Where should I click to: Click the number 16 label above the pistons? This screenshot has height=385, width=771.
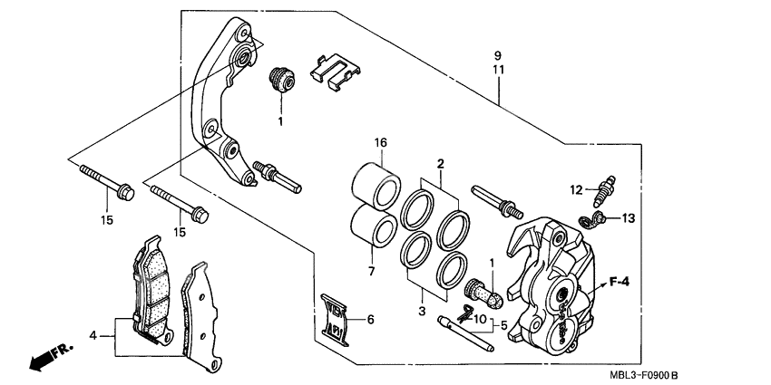point(381,143)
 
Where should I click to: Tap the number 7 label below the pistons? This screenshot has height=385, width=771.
point(370,272)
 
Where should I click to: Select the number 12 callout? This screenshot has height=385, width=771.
point(575,189)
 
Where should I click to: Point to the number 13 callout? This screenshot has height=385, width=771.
point(629,217)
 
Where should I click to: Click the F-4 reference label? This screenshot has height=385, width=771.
point(620,282)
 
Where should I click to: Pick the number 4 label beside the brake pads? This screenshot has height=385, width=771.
point(93,336)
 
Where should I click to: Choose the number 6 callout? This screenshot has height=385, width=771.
point(370,319)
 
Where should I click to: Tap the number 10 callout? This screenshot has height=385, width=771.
point(481,320)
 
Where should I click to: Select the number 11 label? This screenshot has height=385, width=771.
point(498,69)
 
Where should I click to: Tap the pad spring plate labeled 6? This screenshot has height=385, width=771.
point(336,316)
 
